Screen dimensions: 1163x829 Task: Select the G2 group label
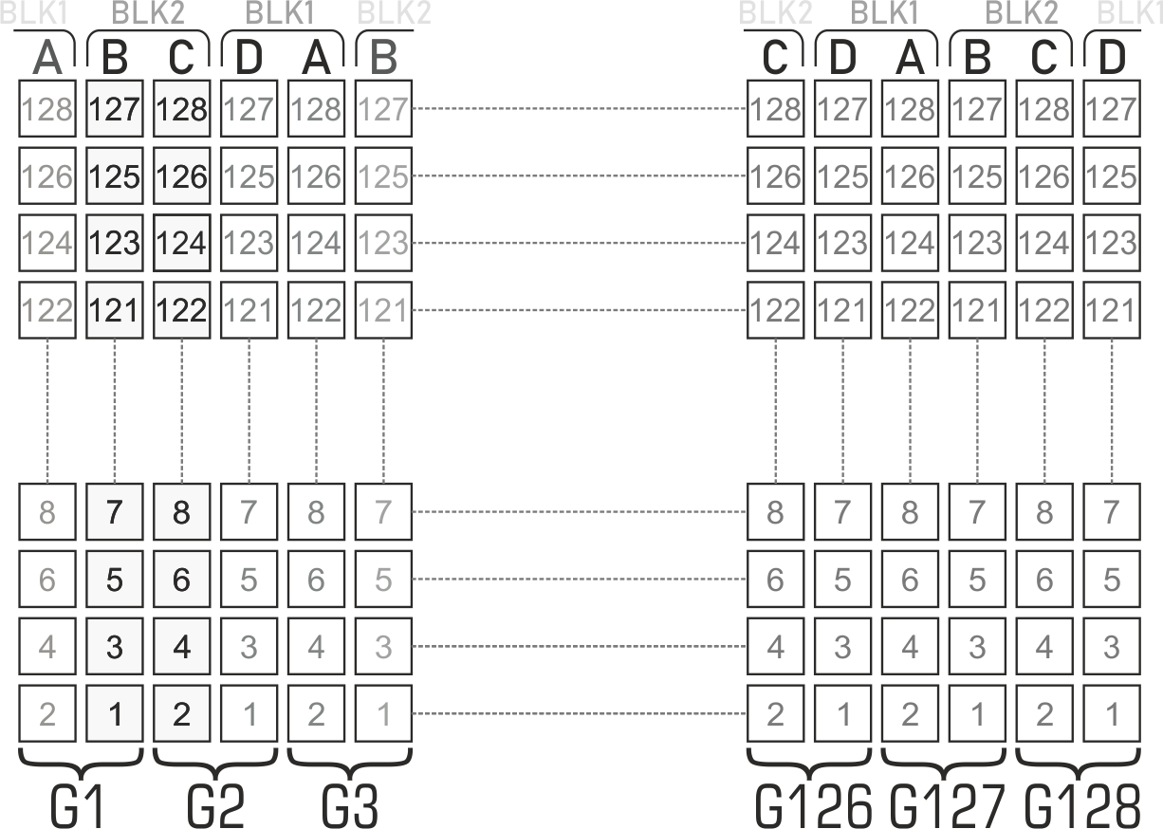coord(215,806)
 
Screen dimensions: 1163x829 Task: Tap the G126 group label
coord(813,806)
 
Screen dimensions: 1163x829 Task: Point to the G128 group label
coord(1082,806)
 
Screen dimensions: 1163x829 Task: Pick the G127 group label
coord(947,806)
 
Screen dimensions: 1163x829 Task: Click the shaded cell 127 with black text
coord(114,109)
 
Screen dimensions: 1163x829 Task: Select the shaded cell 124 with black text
coord(181,243)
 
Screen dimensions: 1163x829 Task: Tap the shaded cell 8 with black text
coord(181,512)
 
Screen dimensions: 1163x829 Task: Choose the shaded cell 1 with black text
coord(114,713)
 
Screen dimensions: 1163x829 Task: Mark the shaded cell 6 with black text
coord(181,579)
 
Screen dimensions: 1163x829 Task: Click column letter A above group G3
coord(316,59)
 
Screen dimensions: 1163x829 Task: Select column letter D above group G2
coord(249,59)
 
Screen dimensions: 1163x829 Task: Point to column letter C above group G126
coord(775,59)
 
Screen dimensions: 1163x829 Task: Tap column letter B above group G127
coord(977,59)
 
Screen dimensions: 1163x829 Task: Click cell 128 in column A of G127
coord(910,109)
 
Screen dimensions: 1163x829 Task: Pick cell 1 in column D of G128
coord(1111,713)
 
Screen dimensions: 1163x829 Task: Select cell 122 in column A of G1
coord(46,310)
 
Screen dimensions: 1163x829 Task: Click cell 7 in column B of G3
coord(383,512)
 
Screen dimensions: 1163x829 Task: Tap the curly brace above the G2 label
coord(215,759)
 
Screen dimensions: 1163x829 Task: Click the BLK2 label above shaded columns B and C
coord(147,14)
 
